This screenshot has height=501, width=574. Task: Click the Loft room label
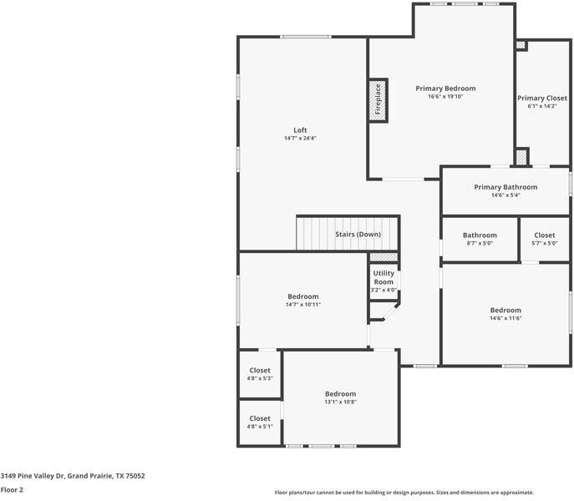click(300, 130)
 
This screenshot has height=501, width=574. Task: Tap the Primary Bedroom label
click(445, 89)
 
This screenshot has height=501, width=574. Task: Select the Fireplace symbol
click(378, 99)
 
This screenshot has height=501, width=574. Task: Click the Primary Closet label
click(541, 98)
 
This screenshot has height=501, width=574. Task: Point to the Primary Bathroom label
click(505, 187)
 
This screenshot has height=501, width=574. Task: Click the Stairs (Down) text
click(358, 235)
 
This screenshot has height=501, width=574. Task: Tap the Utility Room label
click(384, 277)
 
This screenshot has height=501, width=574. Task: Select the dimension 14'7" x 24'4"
click(300, 139)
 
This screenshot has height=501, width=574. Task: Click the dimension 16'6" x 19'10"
click(445, 97)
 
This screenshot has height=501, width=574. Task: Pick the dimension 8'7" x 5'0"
click(480, 244)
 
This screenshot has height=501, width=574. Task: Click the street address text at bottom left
click(73, 476)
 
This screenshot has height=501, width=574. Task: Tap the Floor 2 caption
click(12, 490)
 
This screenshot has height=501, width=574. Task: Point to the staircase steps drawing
click(314, 233)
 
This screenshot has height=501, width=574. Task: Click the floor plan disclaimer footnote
click(404, 493)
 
